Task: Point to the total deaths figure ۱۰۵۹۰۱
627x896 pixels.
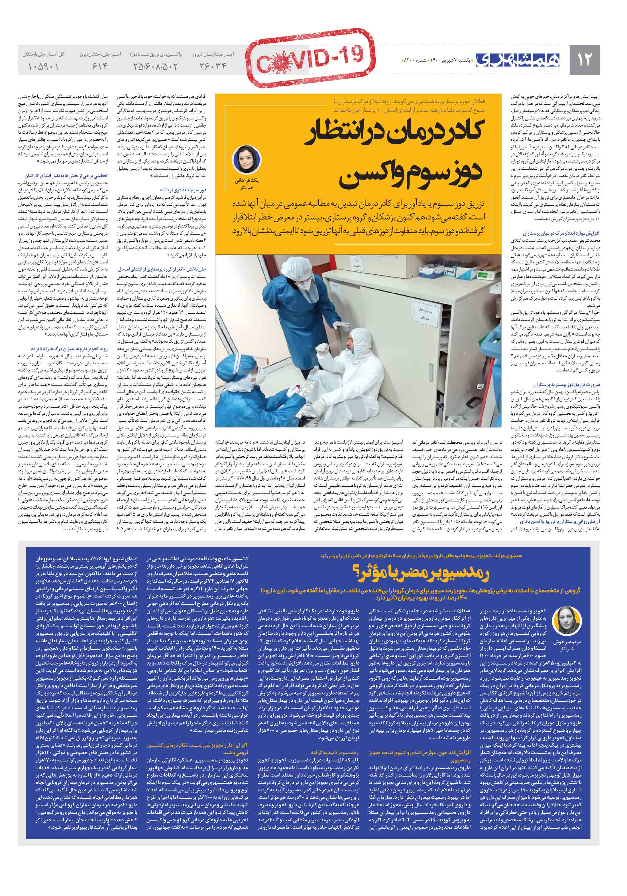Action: coord(43,67)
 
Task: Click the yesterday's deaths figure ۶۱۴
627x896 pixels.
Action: coord(100,67)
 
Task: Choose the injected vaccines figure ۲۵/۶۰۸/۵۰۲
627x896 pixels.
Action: coord(155,67)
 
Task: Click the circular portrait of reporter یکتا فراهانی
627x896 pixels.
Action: coord(243,160)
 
